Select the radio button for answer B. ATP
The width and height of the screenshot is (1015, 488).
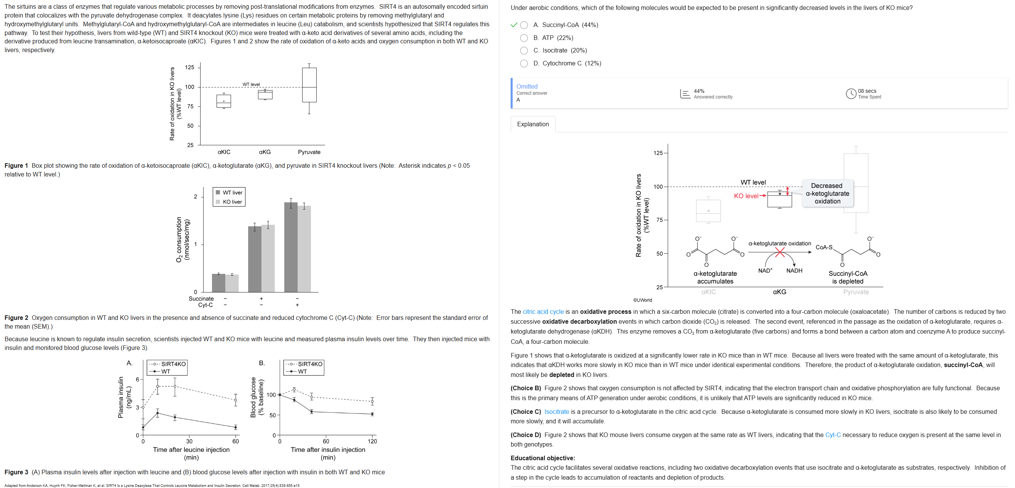click(524, 38)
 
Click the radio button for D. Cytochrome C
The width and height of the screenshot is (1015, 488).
click(524, 64)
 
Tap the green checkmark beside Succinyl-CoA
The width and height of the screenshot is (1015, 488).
click(513, 25)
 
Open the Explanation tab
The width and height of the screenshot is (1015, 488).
click(533, 124)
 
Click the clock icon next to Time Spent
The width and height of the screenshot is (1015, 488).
click(851, 94)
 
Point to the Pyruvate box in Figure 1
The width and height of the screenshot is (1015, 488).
click(309, 85)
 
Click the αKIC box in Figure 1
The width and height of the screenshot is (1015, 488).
click(224, 101)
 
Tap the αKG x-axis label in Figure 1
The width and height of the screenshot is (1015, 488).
click(265, 152)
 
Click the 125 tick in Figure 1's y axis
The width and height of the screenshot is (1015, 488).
click(190, 67)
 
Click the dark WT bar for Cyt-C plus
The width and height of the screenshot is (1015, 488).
click(291, 247)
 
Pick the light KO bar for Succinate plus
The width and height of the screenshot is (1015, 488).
click(268, 258)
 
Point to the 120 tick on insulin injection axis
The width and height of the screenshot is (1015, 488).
click(372, 441)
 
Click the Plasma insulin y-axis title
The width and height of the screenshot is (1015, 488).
click(121, 397)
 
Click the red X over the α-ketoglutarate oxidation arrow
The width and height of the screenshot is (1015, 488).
click(779, 252)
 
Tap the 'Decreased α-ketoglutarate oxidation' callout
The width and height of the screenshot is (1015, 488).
click(827, 193)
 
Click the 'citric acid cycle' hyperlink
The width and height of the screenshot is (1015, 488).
click(543, 312)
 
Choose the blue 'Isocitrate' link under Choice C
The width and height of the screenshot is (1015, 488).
click(556, 412)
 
